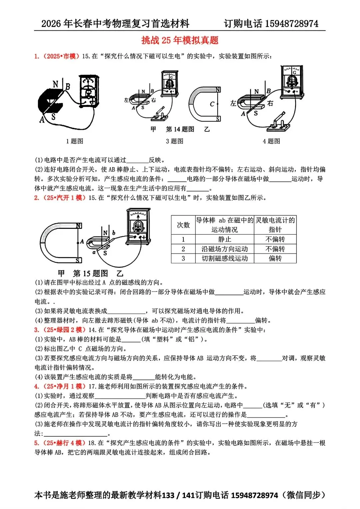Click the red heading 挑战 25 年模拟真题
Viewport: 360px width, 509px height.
[x=180, y=40]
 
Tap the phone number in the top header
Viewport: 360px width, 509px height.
[x=292, y=24]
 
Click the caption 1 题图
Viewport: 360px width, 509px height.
[x=74, y=141]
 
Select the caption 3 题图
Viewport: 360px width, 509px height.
[x=174, y=141]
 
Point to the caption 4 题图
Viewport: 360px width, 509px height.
[x=271, y=141]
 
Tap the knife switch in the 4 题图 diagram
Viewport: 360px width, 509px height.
[x=279, y=122]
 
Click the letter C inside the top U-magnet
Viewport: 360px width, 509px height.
[x=212, y=104]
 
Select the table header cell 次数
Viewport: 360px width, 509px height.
[x=183, y=225]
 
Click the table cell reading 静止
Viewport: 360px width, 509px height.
[x=224, y=239]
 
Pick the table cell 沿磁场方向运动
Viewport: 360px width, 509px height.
[x=224, y=249]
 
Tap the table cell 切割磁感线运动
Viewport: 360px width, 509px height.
[x=224, y=259]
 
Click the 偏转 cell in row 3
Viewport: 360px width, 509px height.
[x=275, y=259]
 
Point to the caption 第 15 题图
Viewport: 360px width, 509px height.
[x=90, y=274]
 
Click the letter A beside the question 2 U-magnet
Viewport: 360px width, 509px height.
[x=82, y=242]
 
